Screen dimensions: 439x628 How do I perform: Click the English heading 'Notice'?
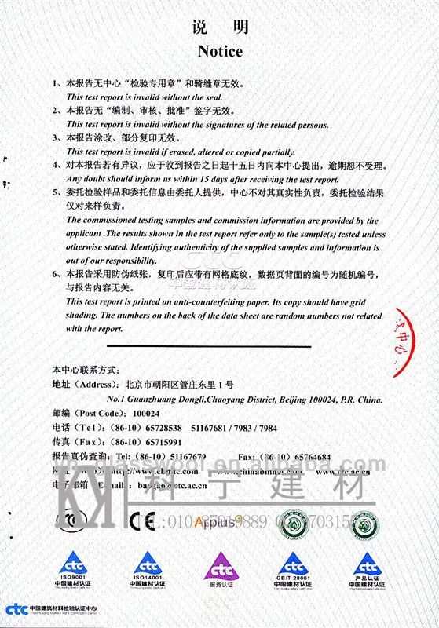[220, 52]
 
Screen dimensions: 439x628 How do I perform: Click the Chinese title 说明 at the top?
[220, 27]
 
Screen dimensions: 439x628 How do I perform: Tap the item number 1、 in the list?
[57, 82]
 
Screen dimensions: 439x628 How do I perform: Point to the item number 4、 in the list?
[57, 166]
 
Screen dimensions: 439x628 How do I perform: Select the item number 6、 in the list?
[57, 275]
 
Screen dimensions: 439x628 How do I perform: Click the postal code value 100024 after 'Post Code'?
[146, 414]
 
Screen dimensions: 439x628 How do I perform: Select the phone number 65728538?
[160, 428]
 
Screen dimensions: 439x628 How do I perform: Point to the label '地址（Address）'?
[88, 385]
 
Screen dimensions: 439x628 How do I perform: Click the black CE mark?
[142, 520]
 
